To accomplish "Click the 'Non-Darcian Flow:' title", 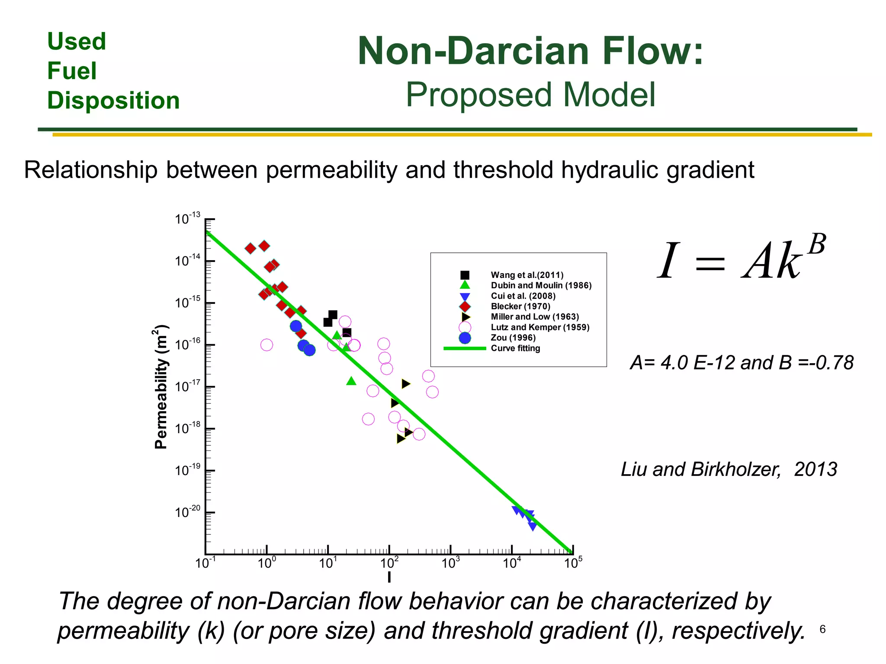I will click(530, 51).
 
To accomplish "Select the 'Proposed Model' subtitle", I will click(530, 95).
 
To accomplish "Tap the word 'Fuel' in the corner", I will click(72, 71).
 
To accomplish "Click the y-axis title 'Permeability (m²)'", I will click(161, 386).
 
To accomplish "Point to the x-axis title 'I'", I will click(389, 577).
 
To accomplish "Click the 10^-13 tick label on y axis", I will click(187, 219).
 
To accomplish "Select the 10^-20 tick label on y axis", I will click(187, 512).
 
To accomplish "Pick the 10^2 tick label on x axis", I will click(389, 563).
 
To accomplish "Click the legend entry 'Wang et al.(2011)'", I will click(527, 275).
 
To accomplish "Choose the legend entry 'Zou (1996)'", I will click(513, 338).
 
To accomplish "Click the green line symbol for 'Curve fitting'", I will click(465, 348).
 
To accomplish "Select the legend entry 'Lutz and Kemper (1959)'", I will click(540, 327).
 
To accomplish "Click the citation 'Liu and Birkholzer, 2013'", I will click(729, 469).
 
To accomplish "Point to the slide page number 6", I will click(822, 629).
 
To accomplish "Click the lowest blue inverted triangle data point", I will click(533, 526).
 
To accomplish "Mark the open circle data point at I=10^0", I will click(267, 345).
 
